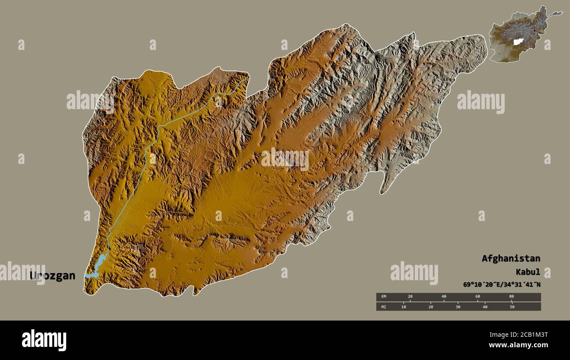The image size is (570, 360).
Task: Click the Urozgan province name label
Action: tap(52, 276)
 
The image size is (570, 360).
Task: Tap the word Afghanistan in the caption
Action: tap(511, 258)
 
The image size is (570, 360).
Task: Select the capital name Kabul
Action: tap(528, 271)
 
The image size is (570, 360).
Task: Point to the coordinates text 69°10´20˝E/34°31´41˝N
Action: tap(502, 285)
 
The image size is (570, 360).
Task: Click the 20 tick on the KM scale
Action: tap(410, 297)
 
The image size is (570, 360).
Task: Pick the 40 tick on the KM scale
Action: tap(444, 297)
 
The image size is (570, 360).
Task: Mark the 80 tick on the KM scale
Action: tap(511, 297)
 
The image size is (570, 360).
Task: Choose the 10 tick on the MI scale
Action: tap(404, 307)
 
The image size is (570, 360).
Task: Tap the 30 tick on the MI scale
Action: tap(458, 307)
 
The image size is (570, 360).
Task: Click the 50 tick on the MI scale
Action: tap(512, 307)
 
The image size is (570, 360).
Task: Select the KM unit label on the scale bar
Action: tap(384, 297)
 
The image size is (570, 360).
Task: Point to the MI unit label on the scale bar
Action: tap(384, 307)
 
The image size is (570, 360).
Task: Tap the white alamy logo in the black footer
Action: tap(44, 340)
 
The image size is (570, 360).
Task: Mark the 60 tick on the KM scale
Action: tap(477, 297)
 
